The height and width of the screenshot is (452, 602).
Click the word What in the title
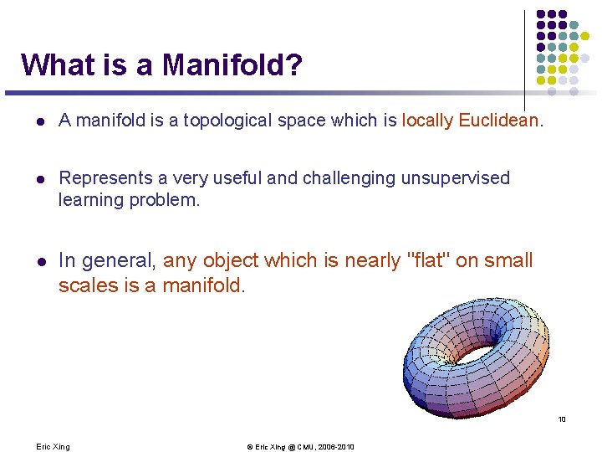[x=50, y=64]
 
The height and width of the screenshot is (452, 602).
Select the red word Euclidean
[x=498, y=121]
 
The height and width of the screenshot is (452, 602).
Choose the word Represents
[x=101, y=177]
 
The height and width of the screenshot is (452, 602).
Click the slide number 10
[x=562, y=419]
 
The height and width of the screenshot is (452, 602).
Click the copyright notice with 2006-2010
[x=300, y=446]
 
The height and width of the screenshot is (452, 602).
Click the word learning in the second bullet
[x=89, y=201]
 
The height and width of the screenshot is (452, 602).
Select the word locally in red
[x=428, y=121]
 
